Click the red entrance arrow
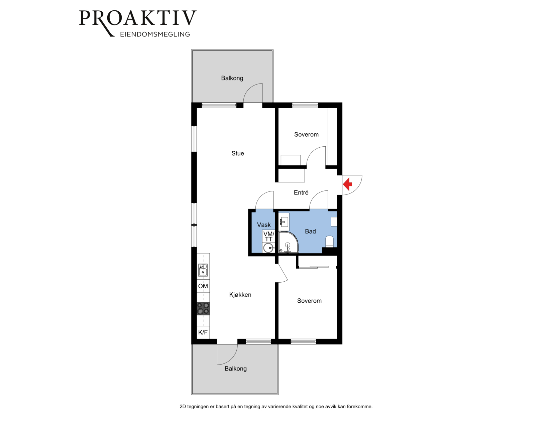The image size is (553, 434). pos(348,184)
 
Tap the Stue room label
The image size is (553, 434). pos(237,153)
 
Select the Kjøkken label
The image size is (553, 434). pos(240,294)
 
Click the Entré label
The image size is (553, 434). pos(301,192)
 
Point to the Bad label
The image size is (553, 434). pos(310,231)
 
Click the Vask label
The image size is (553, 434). pos(264,225)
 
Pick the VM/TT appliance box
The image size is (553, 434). pos(268,237)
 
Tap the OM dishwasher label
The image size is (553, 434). pos(203,286)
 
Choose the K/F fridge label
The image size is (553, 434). pos(203,332)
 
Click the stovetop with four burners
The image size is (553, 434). pos(203,308)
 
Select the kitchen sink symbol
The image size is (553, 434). pos(203,270)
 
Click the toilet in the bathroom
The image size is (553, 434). pos(329,242)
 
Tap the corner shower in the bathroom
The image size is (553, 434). pos(288,242)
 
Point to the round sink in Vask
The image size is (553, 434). pos(268,248)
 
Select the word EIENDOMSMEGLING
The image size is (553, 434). pos(155,34)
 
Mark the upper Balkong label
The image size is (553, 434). pos(232,78)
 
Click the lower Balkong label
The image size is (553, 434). pos(235,369)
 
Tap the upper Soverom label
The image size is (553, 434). pos(306,134)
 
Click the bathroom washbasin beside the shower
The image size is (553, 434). pos(284,222)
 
